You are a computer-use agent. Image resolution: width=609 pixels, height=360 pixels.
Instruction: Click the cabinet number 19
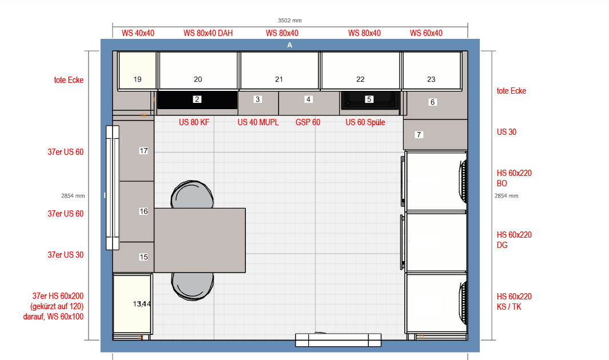tap(137, 79)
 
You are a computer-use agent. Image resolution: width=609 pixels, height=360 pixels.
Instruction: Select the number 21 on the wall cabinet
tap(279, 79)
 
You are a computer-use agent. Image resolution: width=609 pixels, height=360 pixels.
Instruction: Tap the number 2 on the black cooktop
tap(197, 99)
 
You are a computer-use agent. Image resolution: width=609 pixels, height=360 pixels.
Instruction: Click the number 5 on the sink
tap(369, 99)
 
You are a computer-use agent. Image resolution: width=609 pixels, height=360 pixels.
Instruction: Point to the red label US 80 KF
tap(194, 122)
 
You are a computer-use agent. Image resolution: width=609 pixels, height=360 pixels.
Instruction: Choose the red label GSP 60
tap(308, 122)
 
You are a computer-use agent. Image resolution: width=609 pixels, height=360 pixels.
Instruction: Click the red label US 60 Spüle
tap(365, 122)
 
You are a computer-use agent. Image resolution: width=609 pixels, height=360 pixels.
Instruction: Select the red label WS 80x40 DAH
tap(208, 33)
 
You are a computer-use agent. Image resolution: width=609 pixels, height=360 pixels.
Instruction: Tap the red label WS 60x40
tap(426, 33)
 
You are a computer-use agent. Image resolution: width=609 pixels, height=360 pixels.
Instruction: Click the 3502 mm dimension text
tap(289, 20)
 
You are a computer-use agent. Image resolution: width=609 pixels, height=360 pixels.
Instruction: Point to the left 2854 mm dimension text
tap(73, 196)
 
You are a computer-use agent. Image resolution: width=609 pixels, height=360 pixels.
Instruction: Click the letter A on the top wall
tap(290, 45)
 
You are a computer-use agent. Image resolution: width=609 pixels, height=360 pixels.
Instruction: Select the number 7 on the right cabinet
tap(419, 135)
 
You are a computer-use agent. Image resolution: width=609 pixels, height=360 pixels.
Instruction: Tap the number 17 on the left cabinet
tap(144, 150)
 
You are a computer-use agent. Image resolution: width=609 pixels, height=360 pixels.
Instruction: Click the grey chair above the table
tap(192, 194)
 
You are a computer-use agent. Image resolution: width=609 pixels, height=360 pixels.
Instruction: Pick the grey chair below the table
tap(193, 286)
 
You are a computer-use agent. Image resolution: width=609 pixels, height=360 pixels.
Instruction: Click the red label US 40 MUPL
tap(258, 122)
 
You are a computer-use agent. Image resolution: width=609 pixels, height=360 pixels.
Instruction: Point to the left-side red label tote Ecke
tap(69, 80)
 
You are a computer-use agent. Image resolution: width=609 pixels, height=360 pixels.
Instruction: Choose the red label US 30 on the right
tap(507, 132)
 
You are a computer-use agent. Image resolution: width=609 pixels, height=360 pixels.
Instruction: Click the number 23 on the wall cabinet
tap(431, 79)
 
